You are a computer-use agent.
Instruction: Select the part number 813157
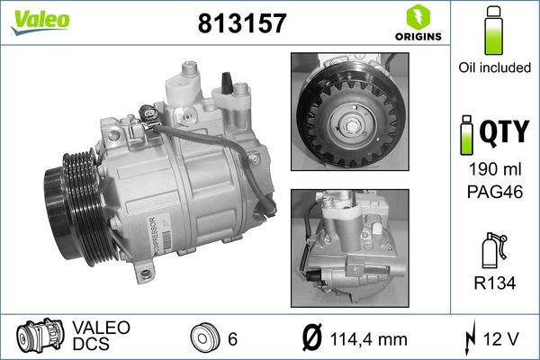point(241,22)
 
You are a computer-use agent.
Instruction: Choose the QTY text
point(505,133)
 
